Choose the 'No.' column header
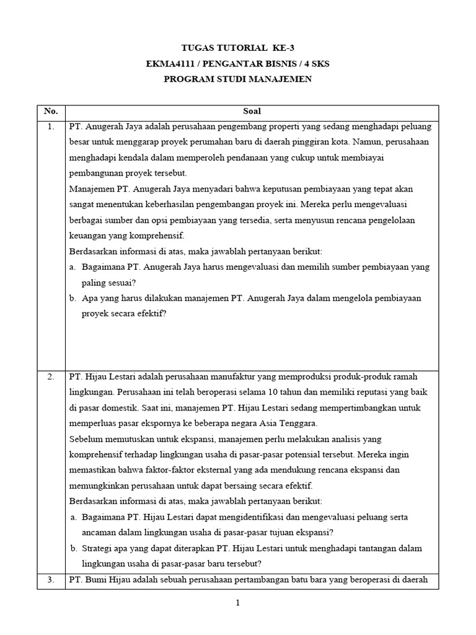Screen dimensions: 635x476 51,112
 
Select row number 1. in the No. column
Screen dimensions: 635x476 51,127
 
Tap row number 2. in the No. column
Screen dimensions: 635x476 51,377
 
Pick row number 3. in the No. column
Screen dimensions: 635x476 51,580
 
